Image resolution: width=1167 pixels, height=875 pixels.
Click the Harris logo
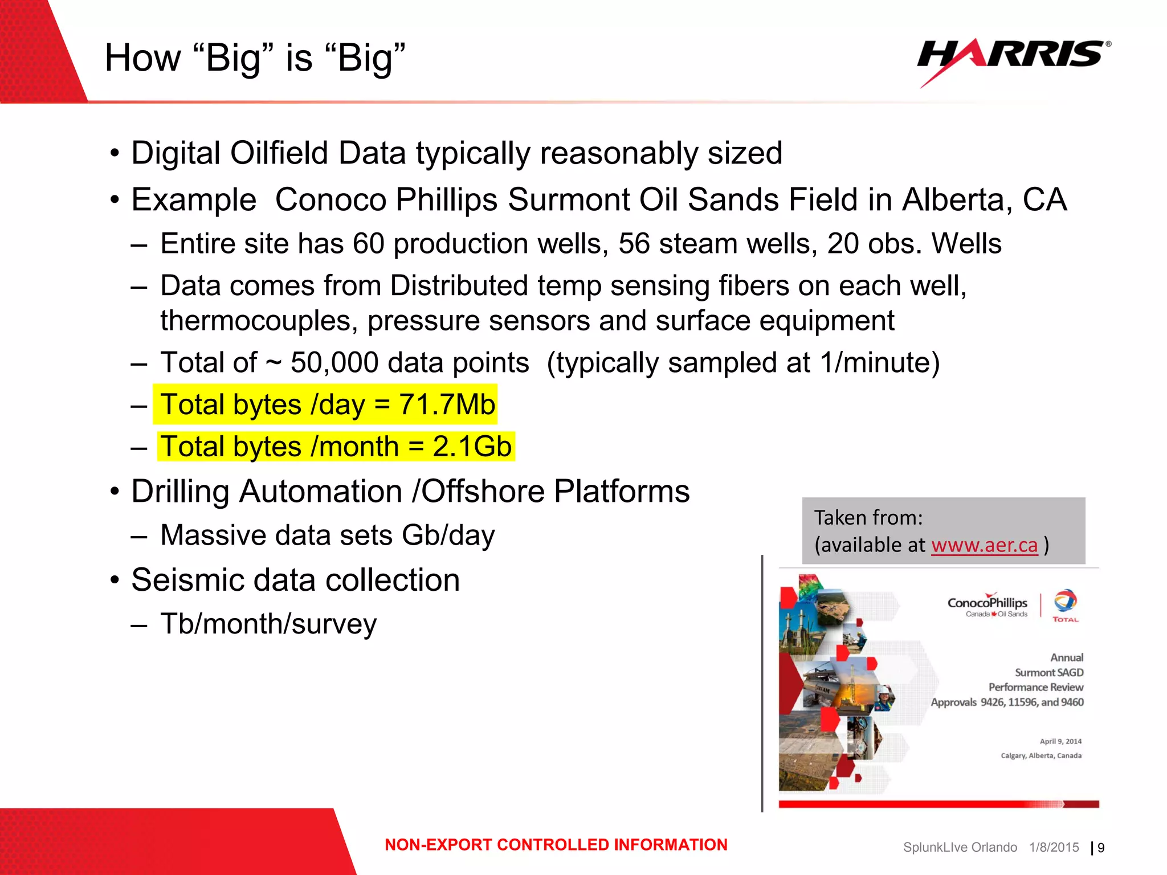tap(1013, 57)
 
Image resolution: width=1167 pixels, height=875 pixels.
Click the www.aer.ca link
tap(984, 545)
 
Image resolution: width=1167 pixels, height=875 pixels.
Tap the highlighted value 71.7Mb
tap(447, 405)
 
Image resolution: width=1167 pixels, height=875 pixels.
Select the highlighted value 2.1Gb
tap(472, 447)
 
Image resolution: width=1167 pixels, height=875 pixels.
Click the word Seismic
tap(188, 580)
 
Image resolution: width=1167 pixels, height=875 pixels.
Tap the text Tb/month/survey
tap(268, 624)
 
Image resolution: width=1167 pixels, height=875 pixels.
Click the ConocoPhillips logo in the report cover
tap(987, 605)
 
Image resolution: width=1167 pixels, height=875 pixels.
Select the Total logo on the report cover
tap(1064, 606)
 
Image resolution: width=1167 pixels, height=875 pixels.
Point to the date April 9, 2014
tap(1060, 741)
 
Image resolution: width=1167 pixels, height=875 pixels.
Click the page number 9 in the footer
tap(1101, 848)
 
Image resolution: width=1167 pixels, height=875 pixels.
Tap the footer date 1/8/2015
tap(1054, 848)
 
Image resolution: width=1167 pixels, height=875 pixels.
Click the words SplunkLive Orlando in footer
tap(960, 848)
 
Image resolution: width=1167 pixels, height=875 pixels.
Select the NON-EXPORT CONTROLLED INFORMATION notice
tap(556, 845)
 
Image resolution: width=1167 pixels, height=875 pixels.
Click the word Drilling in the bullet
tap(179, 492)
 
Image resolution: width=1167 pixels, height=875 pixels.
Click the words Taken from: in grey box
tap(868, 518)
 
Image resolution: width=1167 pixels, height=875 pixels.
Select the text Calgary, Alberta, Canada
tap(1040, 756)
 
